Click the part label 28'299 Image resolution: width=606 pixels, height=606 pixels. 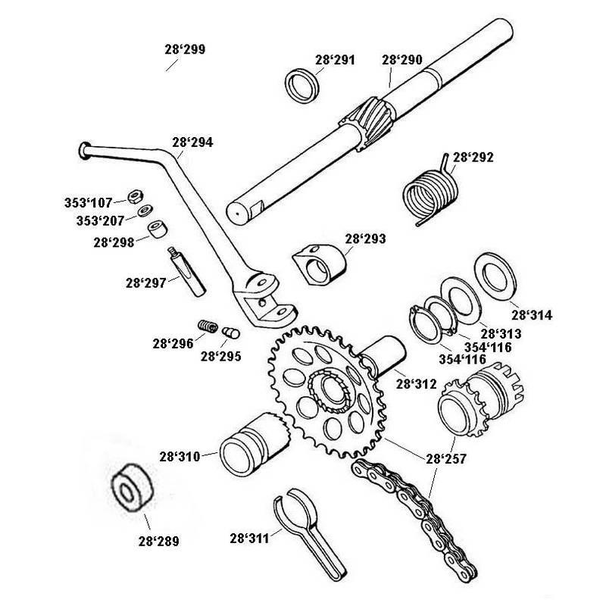click(184, 50)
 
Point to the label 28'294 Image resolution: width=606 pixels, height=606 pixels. click(192, 141)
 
